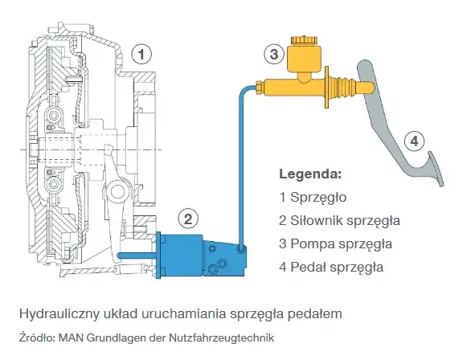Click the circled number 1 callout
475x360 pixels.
pyautogui.click(x=141, y=55)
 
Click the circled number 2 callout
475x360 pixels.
pyautogui.click(x=188, y=218)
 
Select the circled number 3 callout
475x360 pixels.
pyautogui.click(x=274, y=55)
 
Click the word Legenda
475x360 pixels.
pyautogui.click(x=309, y=174)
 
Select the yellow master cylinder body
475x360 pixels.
pyautogui.click(x=289, y=84)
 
